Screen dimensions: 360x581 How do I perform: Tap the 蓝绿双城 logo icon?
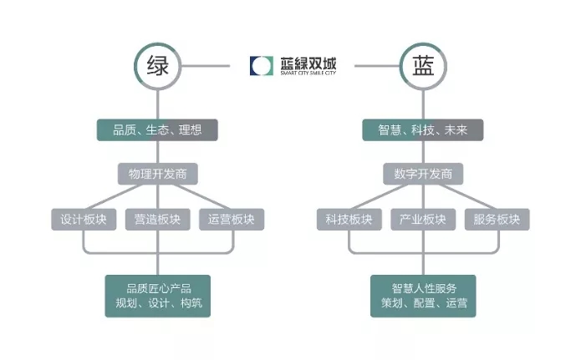pyautogui.click(x=261, y=65)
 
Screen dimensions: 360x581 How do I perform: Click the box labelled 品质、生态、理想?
pyautogui.click(x=157, y=129)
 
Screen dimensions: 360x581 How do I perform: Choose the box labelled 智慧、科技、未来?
pyautogui.click(x=422, y=129)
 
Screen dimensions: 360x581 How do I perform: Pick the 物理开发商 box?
pyautogui.click(x=157, y=174)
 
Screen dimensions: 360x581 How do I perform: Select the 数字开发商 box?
pyautogui.click(x=422, y=174)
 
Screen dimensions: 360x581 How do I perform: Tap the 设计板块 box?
pyautogui.click(x=84, y=220)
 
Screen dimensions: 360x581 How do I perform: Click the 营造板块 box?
pyautogui.click(x=157, y=220)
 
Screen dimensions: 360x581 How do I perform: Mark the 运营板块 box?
pyautogui.click(x=231, y=220)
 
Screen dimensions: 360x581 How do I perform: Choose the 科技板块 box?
pyautogui.click(x=349, y=220)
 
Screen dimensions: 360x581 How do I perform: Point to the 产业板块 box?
pyautogui.click(x=422, y=220)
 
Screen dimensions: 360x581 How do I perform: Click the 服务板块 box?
pyautogui.click(x=496, y=220)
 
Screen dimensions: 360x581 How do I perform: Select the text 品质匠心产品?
pyautogui.click(x=157, y=288)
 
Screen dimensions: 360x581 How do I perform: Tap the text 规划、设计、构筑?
pyautogui.click(x=157, y=303)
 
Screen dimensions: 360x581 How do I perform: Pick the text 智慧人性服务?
pyautogui.click(x=422, y=288)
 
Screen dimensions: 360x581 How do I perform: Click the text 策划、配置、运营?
pyautogui.click(x=422, y=303)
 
